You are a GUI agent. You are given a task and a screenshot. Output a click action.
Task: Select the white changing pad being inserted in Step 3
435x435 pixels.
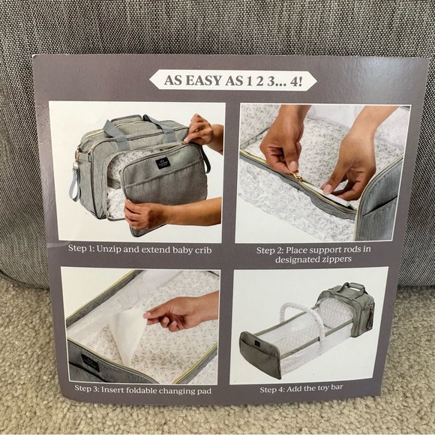124,330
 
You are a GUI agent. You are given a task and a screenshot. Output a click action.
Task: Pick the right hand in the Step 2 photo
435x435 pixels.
352,154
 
